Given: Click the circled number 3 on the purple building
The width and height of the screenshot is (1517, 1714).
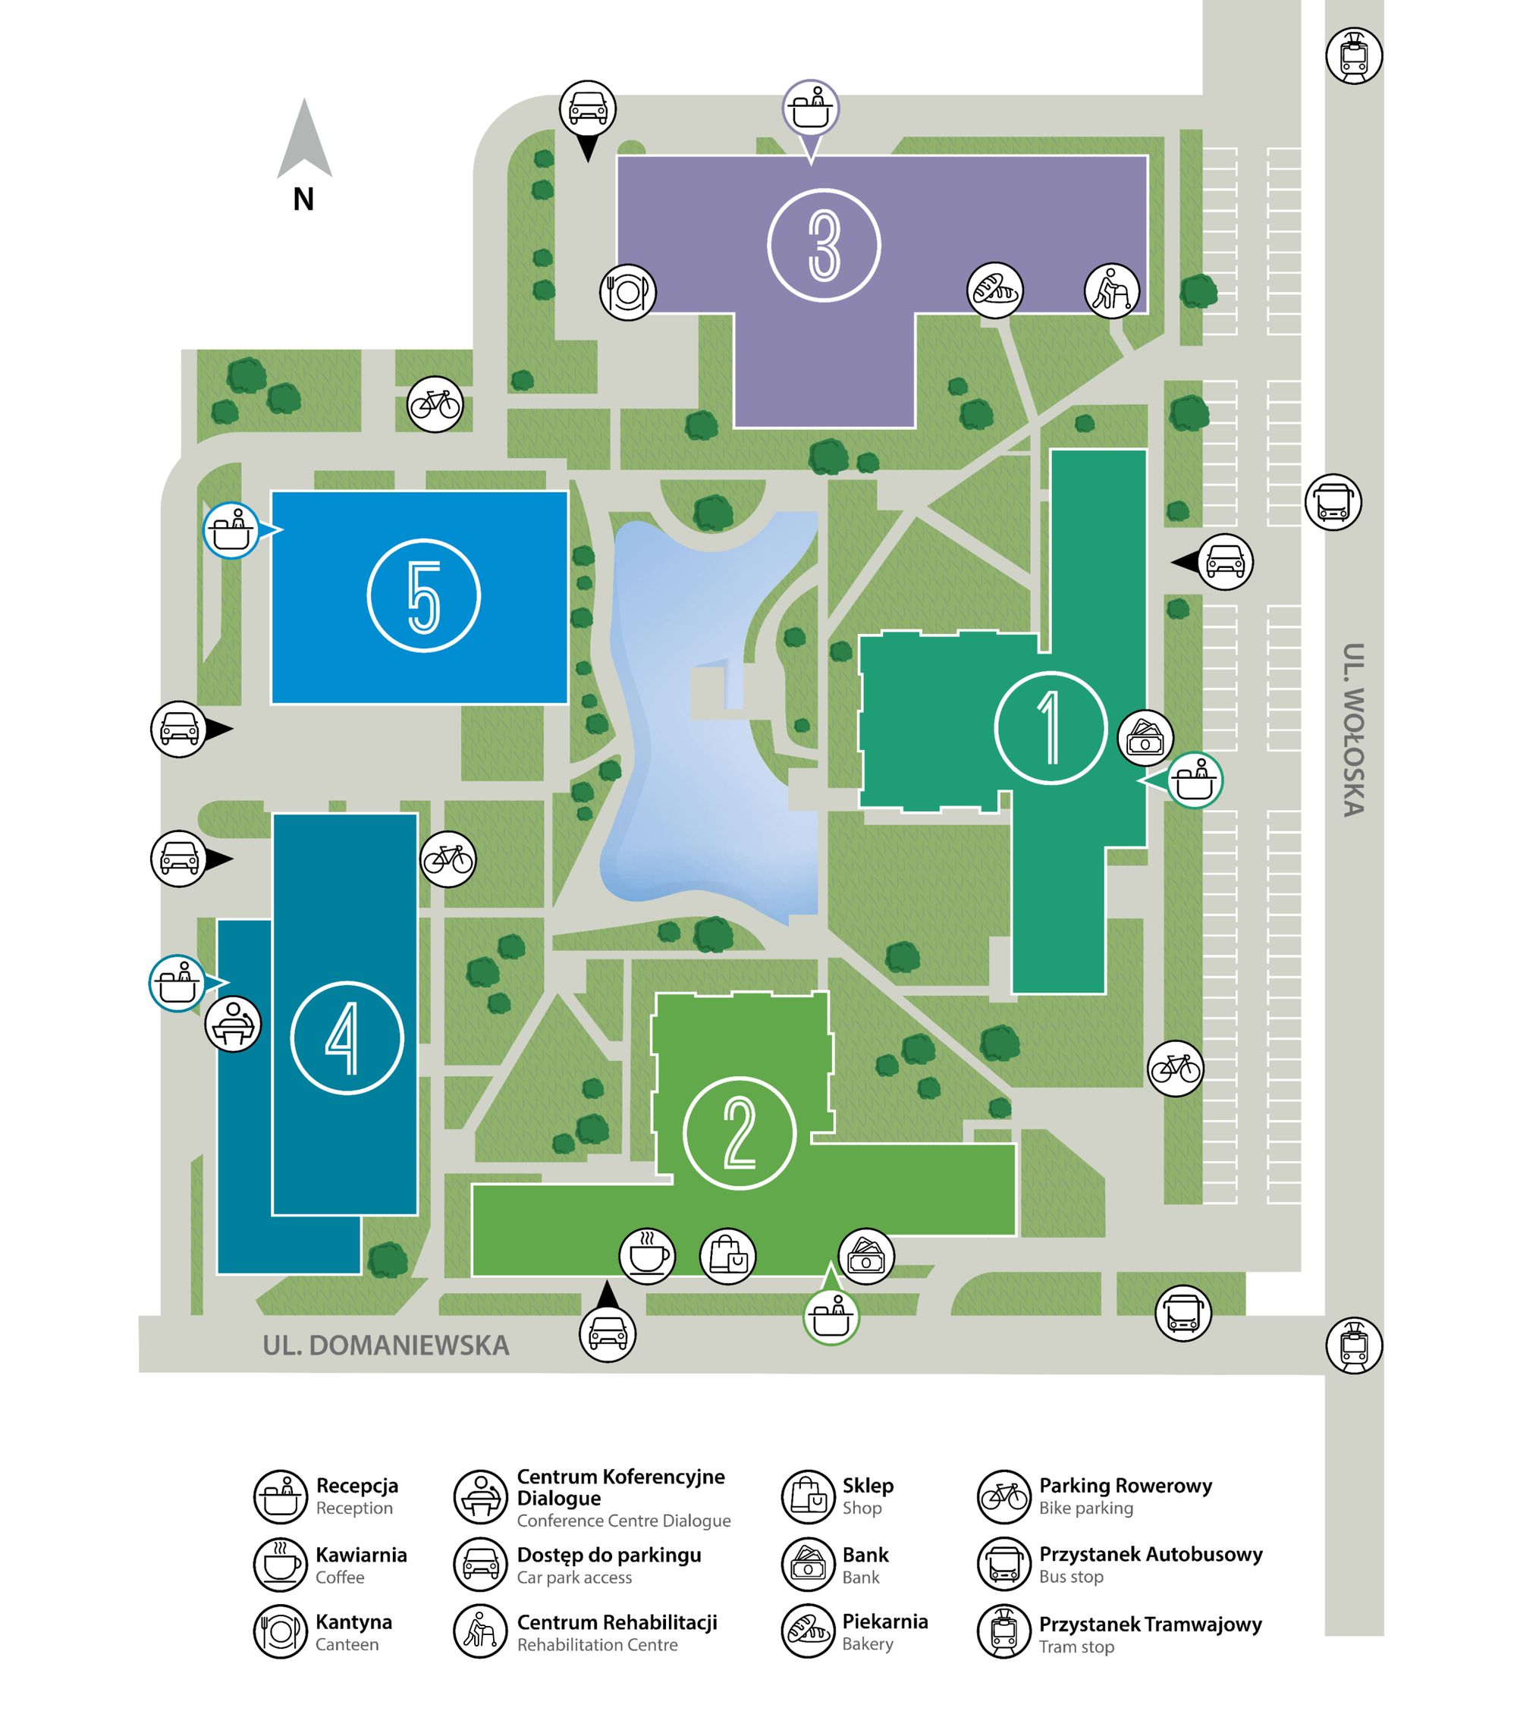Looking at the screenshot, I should (824, 244).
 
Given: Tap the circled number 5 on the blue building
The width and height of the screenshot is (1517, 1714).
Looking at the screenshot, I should (423, 595).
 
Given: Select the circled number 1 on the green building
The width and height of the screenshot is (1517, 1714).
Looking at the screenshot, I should (1050, 728).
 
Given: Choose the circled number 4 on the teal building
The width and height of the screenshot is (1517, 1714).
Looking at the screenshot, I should (347, 1038).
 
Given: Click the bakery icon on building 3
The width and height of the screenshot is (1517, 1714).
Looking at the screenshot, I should (994, 290).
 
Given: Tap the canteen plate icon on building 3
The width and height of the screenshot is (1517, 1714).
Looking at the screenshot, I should (628, 292).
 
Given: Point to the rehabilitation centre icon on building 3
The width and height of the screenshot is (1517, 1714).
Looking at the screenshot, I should (1112, 291).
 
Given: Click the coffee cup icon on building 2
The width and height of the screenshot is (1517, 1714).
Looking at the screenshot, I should (646, 1255).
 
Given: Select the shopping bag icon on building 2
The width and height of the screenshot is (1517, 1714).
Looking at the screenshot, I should (728, 1255).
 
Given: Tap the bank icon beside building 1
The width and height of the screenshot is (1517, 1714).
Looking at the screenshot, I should (1145, 738).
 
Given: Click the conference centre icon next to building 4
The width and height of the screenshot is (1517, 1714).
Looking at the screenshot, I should (233, 1024).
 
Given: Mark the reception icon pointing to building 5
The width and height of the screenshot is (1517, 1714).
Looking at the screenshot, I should (231, 531).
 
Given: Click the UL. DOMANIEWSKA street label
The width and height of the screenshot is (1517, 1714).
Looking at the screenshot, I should (386, 1346).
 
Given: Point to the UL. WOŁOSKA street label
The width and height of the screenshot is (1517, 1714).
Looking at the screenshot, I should (1352, 730).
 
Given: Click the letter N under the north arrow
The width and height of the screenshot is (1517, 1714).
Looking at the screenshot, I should (303, 199).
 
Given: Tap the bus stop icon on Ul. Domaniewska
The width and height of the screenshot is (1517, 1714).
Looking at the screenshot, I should (1183, 1313).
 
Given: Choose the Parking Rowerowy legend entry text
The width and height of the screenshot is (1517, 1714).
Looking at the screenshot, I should (1126, 1486).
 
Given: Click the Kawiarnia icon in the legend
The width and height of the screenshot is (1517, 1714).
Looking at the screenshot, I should (280, 1565).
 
